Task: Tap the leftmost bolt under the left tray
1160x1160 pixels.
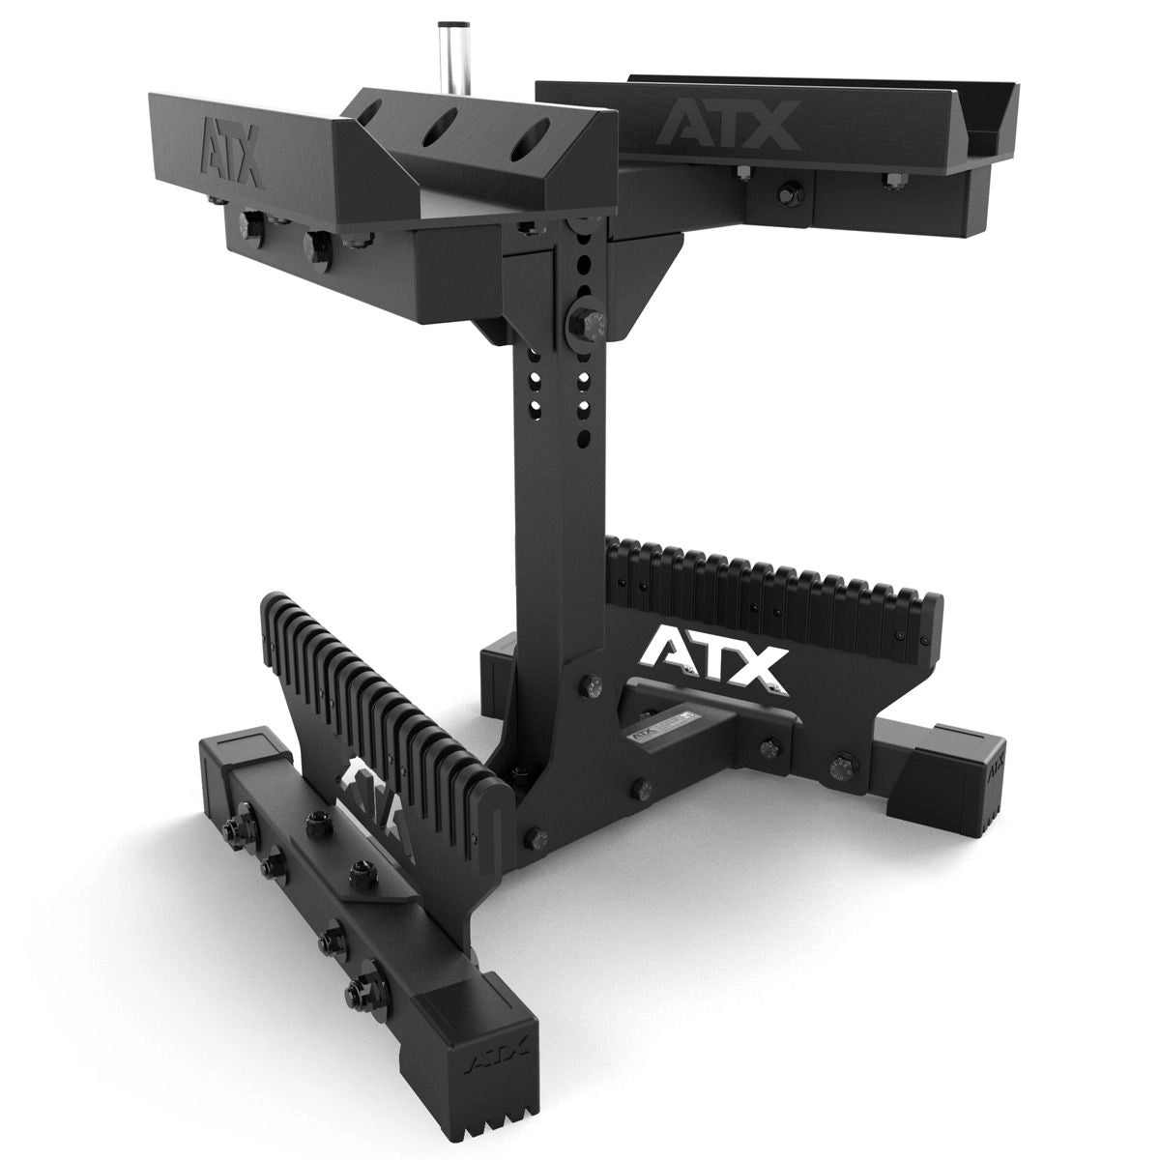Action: [246, 230]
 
